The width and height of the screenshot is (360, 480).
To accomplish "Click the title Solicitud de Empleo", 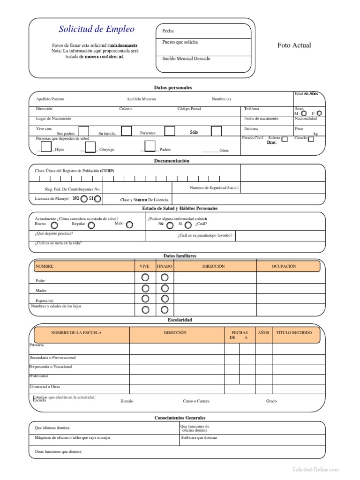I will pyautogui.click(x=97, y=29).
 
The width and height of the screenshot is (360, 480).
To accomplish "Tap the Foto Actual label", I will pyautogui.click(x=294, y=45).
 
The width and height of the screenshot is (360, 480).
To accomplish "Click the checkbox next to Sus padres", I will pyautogui.click(x=83, y=131).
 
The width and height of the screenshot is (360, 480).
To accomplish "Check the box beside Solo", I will pyautogui.click(x=216, y=131).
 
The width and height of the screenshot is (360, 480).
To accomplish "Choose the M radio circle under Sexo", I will pyautogui.click(x=304, y=113).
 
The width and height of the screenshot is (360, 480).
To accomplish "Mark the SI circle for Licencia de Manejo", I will pyautogui.click(x=97, y=199).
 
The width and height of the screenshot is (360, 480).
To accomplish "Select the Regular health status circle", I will pyautogui.click(x=91, y=225).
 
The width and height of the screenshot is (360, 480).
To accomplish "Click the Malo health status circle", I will pyautogui.click(x=129, y=225).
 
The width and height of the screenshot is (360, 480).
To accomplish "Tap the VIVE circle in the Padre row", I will pyautogui.click(x=145, y=278).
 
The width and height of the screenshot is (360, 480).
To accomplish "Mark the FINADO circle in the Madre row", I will pyautogui.click(x=165, y=288).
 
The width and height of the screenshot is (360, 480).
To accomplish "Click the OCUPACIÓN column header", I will pyautogui.click(x=284, y=266).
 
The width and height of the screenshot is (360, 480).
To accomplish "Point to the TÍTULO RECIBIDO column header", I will pyautogui.click(x=294, y=333).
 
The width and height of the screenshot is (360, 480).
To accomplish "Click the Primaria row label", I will pyautogui.click(x=37, y=345).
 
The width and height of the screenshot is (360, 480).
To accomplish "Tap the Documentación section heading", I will pyautogui.click(x=172, y=161).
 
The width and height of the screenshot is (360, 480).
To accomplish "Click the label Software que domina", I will pyautogui.click(x=199, y=437).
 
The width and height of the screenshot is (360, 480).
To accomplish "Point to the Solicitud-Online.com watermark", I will pyautogui.click(x=315, y=469).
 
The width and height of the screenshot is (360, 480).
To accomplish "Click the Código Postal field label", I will pyautogui.click(x=189, y=109).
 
